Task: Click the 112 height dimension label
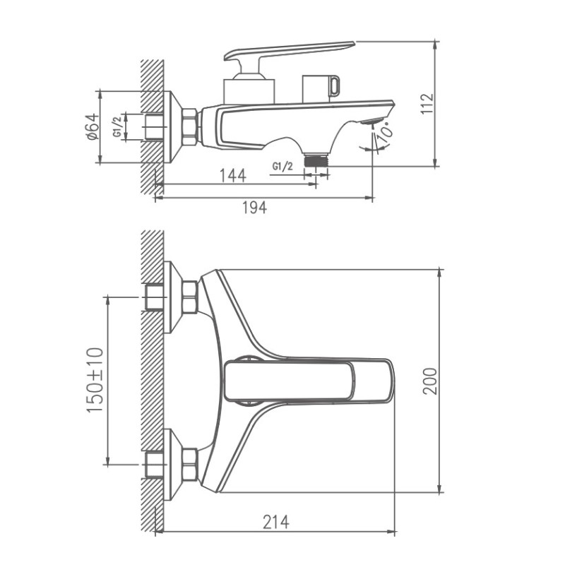[427, 104]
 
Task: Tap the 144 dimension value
[232, 175]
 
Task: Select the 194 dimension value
[255, 208]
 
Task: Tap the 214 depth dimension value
[275, 522]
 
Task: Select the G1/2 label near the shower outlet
[282, 167]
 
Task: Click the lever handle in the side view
[290, 51]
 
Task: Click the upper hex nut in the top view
[189, 297]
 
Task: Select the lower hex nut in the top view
[189, 465]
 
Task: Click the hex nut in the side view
[189, 127]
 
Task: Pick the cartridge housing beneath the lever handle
[248, 90]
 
